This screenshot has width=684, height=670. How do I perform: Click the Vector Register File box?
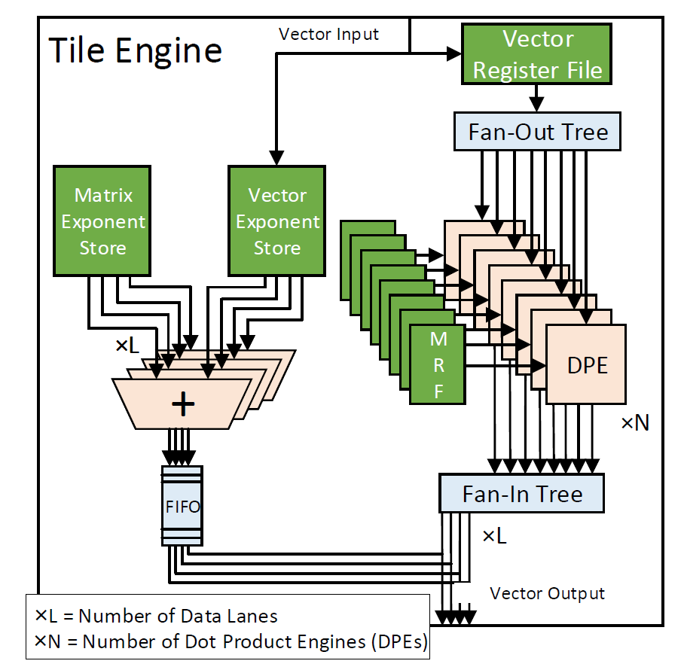pyautogui.click(x=537, y=54)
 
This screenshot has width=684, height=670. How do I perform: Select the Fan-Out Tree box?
pyautogui.click(x=537, y=132)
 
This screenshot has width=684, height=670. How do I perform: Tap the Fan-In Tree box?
pyautogui.click(x=521, y=494)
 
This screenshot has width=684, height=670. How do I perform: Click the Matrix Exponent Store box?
pyautogui.click(x=103, y=221)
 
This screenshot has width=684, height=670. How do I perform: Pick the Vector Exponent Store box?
pyautogui.click(x=277, y=221)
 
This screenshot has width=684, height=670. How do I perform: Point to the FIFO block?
pyautogui.click(x=182, y=506)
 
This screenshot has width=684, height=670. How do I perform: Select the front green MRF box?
pyautogui.click(x=438, y=364)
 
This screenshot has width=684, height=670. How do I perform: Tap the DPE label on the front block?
pyautogui.click(x=587, y=365)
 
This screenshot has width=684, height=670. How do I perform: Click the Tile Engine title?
pyautogui.click(x=136, y=50)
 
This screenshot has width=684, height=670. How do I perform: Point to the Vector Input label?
pyautogui.click(x=328, y=35)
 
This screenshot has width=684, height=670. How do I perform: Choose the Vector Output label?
pyautogui.click(x=547, y=593)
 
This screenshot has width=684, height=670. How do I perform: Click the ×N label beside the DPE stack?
pyautogui.click(x=635, y=423)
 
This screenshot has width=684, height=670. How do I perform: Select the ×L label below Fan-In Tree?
pyautogui.click(x=494, y=536)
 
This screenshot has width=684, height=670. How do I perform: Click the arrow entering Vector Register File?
pyautogui.click(x=453, y=53)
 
